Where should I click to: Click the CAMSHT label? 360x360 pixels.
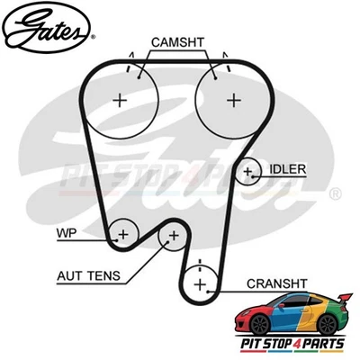(x=177, y=42)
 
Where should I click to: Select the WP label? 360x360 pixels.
(x=67, y=231)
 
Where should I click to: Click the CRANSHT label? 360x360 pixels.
(x=280, y=283)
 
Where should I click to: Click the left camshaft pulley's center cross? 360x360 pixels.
(x=121, y=100)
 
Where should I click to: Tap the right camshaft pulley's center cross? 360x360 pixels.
(x=234, y=100)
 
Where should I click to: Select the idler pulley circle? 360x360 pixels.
(x=249, y=169)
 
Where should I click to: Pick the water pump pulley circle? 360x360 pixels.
(x=122, y=234)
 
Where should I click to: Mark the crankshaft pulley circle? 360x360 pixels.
(x=200, y=284)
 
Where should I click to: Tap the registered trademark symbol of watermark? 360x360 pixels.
(x=335, y=192)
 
